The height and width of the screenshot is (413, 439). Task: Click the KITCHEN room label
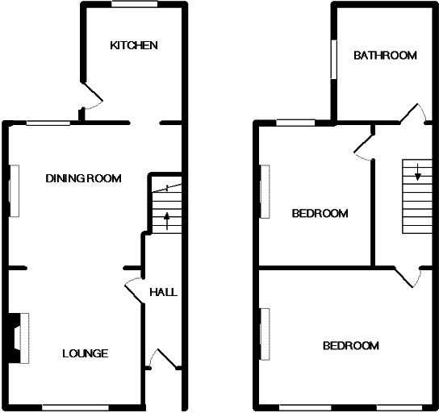[134, 45]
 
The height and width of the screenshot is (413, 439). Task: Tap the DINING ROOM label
[83, 178]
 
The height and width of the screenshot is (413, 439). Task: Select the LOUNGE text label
[86, 353]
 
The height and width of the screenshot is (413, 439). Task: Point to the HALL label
[164, 292]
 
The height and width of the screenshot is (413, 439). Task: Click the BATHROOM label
[385, 56]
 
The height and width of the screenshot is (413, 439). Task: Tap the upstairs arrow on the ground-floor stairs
[167, 221]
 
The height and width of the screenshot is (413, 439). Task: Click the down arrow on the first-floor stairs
[418, 172]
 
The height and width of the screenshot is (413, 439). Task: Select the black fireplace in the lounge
[15, 338]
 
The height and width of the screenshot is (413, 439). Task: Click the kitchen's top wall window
[135, 4]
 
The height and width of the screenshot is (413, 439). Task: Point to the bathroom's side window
[334, 60]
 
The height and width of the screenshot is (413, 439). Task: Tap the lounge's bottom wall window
[75, 407]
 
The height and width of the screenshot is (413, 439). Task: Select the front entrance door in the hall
[165, 359]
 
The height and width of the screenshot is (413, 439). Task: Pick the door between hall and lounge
[134, 291]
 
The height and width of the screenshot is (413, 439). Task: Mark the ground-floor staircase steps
[167, 208]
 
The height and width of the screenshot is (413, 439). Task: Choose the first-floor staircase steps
[417, 197]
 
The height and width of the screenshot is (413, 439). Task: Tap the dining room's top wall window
[48, 123]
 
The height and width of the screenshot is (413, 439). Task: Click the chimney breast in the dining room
[15, 191]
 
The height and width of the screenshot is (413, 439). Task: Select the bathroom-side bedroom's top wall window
[296, 123]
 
